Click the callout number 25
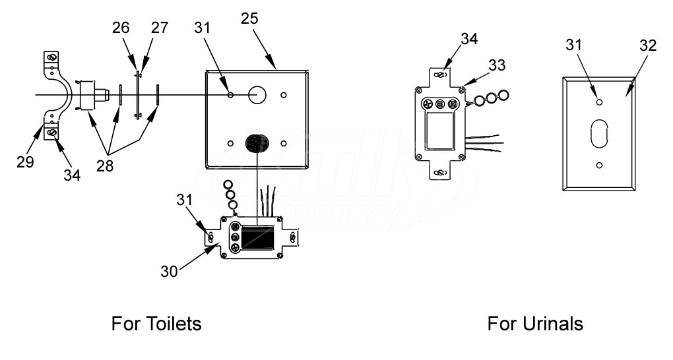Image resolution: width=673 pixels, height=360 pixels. coord(250,19)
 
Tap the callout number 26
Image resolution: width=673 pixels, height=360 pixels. coord(121,28)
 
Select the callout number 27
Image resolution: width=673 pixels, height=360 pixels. coord(160,28)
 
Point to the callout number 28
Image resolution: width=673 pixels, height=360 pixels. coord(105,165)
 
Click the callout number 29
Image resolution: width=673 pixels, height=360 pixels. coord(25,162)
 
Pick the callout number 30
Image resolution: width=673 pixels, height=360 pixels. coord(169,272)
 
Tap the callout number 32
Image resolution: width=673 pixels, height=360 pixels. coord(648,45)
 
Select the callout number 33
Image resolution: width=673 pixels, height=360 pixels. coord(497,65)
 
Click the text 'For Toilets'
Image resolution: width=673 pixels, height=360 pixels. coord(156,324)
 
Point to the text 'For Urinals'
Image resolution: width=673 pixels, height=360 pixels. coord(535,324)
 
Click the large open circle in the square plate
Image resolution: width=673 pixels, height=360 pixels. coord(257,94)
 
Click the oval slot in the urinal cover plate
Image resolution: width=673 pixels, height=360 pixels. coord(600,133)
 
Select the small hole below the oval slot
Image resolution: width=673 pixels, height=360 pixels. coord(600,165)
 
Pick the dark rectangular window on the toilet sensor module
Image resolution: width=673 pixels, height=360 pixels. coord(257,237)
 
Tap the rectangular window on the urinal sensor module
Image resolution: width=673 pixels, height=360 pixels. coord(439,131)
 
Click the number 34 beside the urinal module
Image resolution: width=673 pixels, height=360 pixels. coord(469,39)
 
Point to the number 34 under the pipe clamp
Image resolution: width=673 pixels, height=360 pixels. coord(72,175)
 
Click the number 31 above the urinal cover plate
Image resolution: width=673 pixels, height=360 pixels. coord(574,45)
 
